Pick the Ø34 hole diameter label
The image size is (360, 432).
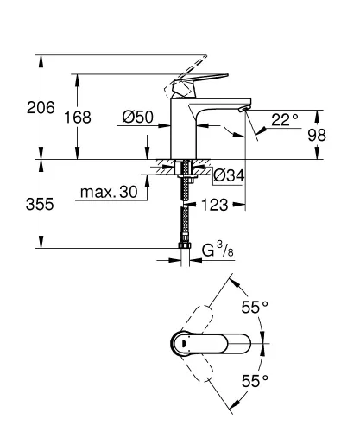[228, 175]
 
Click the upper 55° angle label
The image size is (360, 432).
[255, 307]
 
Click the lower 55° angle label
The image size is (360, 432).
[255, 380]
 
